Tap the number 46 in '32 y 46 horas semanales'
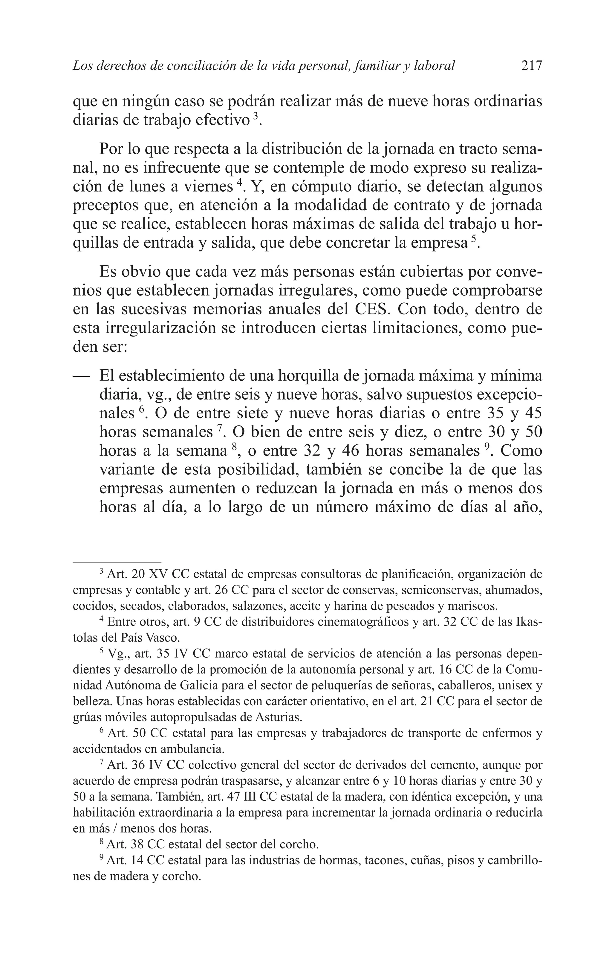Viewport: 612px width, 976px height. tap(350, 451)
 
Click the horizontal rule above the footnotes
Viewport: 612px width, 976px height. tap(117, 562)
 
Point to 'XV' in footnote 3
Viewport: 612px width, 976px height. tap(160, 575)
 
